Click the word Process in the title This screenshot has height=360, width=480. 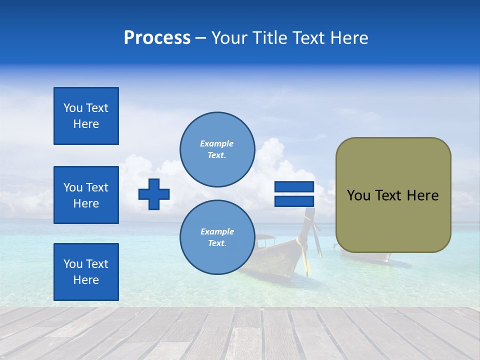click(157, 38)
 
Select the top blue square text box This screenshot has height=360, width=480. click(86, 116)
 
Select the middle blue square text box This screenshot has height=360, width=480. click(86, 195)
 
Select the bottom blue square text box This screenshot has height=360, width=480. click(86, 272)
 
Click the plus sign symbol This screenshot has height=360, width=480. click(154, 194)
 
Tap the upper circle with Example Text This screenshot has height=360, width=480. click(217, 149)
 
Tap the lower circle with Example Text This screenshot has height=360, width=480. click(217, 237)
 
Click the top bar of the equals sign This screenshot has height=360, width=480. click(294, 187)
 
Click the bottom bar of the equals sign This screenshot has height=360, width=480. click(294, 201)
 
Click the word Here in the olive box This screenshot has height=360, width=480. click(422, 195)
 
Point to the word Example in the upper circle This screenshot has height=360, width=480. click(216, 143)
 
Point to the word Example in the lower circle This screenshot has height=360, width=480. click(217, 231)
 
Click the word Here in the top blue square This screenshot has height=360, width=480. click(86, 124)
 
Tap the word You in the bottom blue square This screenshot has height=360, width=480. click(73, 264)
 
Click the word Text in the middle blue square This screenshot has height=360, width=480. click(97, 187)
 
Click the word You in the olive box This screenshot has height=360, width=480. click(358, 195)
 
